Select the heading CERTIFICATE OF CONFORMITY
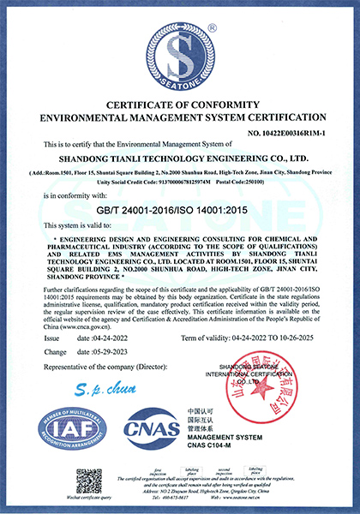180,104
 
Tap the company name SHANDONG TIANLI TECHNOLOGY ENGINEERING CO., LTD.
180,158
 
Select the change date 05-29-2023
97,353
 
